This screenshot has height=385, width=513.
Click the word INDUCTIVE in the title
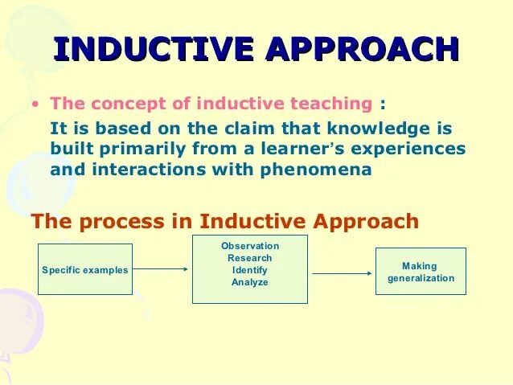pos(154,49)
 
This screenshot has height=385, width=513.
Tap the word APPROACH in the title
pos(362,49)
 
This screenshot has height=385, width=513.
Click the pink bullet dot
pos(35,104)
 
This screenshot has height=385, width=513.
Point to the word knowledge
pos(378,128)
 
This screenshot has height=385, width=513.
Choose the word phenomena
pos(316,170)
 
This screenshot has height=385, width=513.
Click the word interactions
pos(150,170)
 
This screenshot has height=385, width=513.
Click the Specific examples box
pos(85,269)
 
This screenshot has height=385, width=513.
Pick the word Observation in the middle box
pos(250,246)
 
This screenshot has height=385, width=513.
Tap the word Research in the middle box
pos(250,258)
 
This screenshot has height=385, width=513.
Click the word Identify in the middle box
pos(250,270)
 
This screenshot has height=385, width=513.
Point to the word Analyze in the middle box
pos(250,282)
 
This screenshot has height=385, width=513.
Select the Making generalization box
pos(421,271)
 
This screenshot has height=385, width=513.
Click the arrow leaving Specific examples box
pos(160,269)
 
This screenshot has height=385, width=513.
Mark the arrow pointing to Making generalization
pos(343,273)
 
